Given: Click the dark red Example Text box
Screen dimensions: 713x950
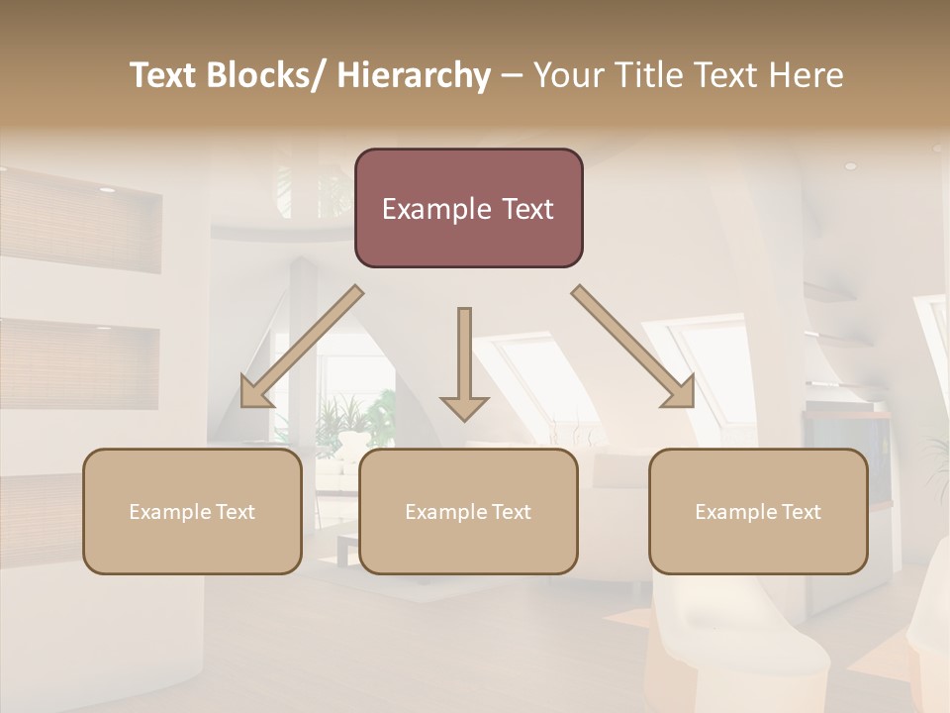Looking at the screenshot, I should point(468,208).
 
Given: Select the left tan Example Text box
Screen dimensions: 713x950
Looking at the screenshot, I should point(192,511).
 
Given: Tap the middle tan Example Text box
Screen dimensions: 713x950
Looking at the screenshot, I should point(468,511).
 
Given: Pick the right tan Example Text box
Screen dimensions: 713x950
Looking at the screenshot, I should point(758,511).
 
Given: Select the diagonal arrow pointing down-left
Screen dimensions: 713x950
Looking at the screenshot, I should point(303,347).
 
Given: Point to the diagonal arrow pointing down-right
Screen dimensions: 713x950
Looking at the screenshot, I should point(633,347).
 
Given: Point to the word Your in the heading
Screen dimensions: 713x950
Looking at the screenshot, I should point(568,76).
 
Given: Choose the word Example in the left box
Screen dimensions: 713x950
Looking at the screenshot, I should point(169,511).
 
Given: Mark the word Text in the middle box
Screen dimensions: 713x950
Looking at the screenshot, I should point(510,511).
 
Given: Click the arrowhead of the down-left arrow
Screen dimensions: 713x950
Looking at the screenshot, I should point(255,393).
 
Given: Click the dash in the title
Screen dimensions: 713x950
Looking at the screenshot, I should point(512,76).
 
